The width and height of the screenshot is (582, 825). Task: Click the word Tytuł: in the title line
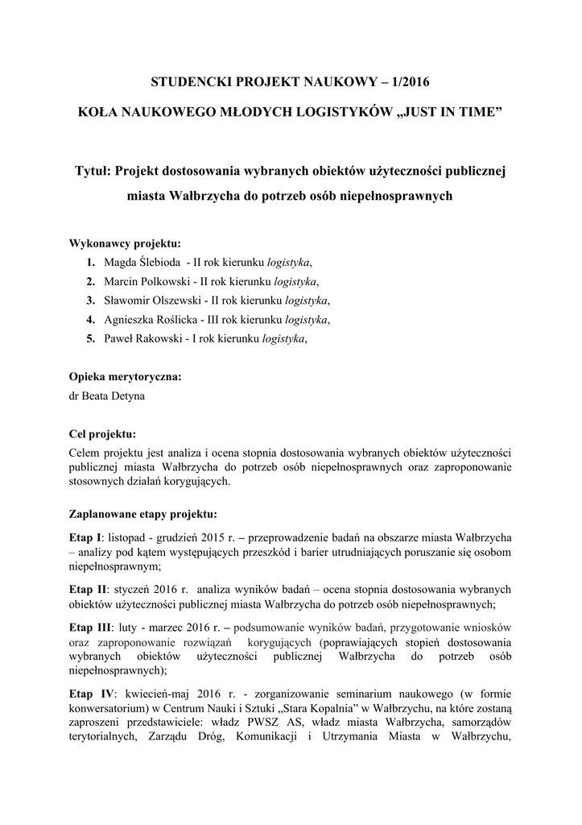pyautogui.click(x=93, y=170)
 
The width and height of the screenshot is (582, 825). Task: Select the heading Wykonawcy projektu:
pyautogui.click(x=125, y=243)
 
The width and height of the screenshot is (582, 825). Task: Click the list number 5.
pyautogui.click(x=91, y=339)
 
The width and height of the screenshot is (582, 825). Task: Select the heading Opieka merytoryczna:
pyautogui.click(x=125, y=376)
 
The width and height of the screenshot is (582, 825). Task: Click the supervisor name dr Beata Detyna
pyautogui.click(x=110, y=396)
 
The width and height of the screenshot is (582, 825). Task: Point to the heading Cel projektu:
pyautogui.click(x=102, y=433)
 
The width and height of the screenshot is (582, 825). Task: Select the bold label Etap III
pyautogui.click(x=90, y=627)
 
